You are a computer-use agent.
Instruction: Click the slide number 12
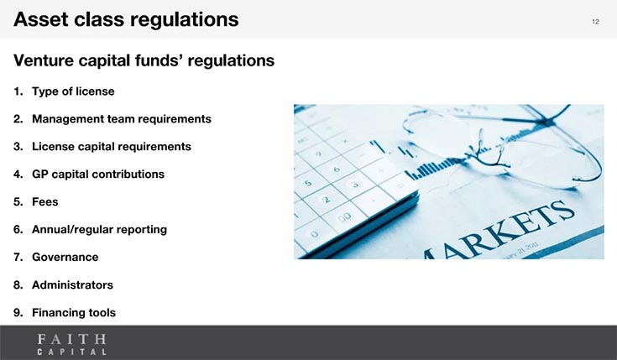coord(595,22)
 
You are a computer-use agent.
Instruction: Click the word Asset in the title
coord(40,19)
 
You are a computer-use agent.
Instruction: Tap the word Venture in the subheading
coord(43,60)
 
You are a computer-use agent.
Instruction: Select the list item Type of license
coord(73,91)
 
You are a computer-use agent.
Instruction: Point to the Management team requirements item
coord(122,119)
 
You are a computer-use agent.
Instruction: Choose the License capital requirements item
coord(112,146)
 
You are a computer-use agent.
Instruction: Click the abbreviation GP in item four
coord(39,174)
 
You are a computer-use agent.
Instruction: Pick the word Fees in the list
coord(44,202)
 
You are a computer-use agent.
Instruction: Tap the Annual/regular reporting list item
coord(99,229)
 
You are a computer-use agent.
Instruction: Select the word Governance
coord(65,257)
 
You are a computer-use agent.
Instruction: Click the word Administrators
coord(72,284)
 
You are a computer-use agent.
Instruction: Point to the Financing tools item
coord(74,312)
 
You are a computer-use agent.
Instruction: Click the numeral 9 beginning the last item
coord(17,312)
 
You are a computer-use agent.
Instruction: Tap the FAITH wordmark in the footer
coord(71,339)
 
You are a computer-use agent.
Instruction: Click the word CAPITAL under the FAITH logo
coord(71,352)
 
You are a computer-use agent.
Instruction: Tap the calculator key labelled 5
coord(308,183)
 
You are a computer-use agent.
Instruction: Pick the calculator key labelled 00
coord(344,217)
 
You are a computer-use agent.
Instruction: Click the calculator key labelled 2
coord(327,200)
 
